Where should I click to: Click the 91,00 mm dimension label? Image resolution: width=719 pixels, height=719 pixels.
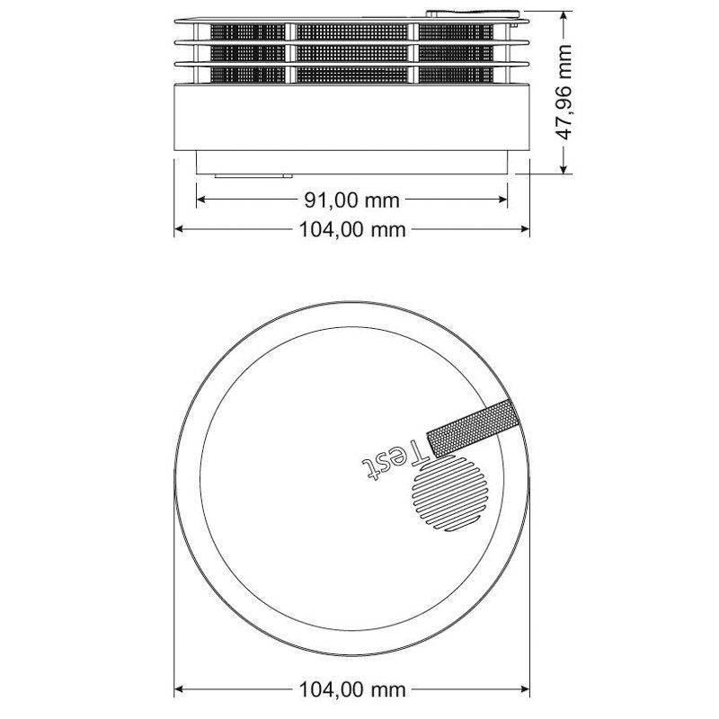[x=351, y=200]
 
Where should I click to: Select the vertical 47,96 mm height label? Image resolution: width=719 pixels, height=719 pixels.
[x=565, y=89]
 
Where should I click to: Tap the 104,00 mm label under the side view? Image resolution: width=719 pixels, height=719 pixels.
[x=351, y=230]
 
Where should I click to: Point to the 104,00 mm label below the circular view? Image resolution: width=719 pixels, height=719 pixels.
[x=351, y=690]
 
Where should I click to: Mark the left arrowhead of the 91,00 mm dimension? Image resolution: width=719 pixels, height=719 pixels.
[x=201, y=200]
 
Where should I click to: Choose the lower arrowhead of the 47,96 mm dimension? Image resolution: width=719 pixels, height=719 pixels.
[x=564, y=167]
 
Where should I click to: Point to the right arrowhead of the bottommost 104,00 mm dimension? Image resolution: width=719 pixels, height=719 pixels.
[x=525, y=690]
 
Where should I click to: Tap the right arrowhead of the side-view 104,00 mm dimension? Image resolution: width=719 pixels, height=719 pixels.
[x=525, y=230]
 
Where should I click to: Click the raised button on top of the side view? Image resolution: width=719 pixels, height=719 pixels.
[x=471, y=13]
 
